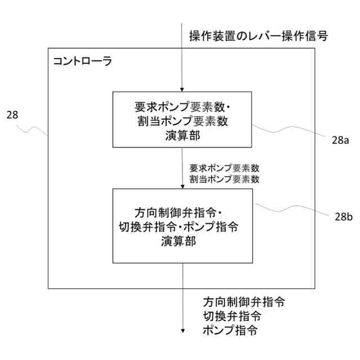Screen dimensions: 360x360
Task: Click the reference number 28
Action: (12, 115)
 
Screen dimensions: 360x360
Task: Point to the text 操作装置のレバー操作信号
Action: (258, 37)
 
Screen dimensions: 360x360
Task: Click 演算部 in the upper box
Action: (182, 136)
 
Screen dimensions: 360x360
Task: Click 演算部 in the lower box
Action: (182, 242)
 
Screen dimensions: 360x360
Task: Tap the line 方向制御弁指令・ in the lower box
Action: (179, 213)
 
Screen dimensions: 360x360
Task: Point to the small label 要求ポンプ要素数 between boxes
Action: (224, 168)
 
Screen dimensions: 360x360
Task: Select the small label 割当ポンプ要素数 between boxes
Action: (224, 179)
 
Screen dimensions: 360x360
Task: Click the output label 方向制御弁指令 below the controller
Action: (244, 301)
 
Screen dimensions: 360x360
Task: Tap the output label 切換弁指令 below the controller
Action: (231, 316)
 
